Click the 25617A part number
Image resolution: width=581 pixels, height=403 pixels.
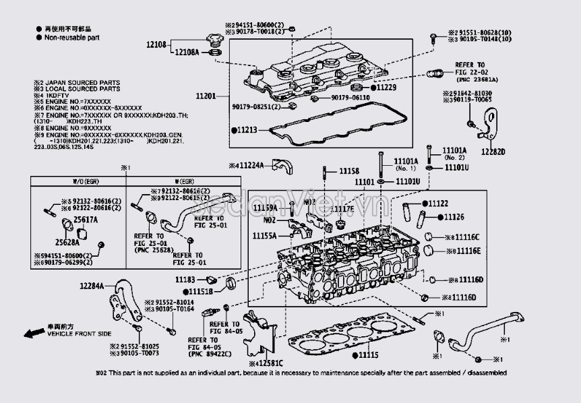point(86,220)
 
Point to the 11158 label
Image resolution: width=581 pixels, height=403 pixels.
point(348,172)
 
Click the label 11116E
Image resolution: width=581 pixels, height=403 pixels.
point(466,251)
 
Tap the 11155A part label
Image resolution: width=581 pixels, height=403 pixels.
point(265,236)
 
